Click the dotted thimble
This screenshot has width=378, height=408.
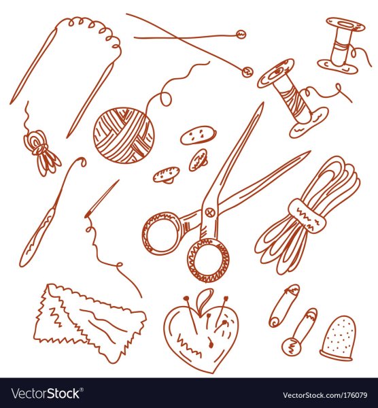pyautogui.click(x=337, y=338)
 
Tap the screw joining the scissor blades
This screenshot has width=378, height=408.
pyautogui.click(x=209, y=212)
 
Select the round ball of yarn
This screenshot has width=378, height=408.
pyautogui.click(x=124, y=135)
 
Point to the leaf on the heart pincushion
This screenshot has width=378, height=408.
pyautogui.click(x=204, y=297)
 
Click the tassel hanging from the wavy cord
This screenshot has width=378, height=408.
pyautogui.click(x=43, y=153)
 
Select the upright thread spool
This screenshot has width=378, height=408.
pyautogui.click(x=341, y=44)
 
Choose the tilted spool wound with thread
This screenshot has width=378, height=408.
pyautogui.click(x=292, y=97)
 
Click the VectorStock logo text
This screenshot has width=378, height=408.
pyautogui.click(x=46, y=394)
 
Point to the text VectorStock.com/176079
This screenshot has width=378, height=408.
pyautogui.click(x=325, y=395)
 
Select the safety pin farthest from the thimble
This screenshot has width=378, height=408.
pyautogui.click(x=284, y=305)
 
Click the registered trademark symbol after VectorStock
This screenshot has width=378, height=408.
pyautogui.click(x=82, y=389)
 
